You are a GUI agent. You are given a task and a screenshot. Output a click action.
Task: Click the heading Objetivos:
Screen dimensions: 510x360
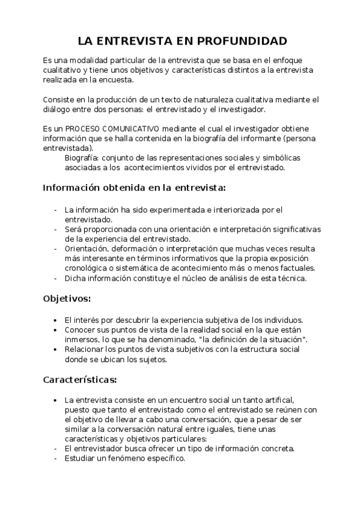67,298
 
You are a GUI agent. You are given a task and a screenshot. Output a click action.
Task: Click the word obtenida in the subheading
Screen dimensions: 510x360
120,188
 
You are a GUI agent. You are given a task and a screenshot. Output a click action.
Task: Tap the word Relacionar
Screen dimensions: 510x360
85,350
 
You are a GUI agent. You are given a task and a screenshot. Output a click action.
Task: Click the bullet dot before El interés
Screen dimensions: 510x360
55,320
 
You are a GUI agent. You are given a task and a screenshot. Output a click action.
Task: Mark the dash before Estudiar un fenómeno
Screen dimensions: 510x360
55,458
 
